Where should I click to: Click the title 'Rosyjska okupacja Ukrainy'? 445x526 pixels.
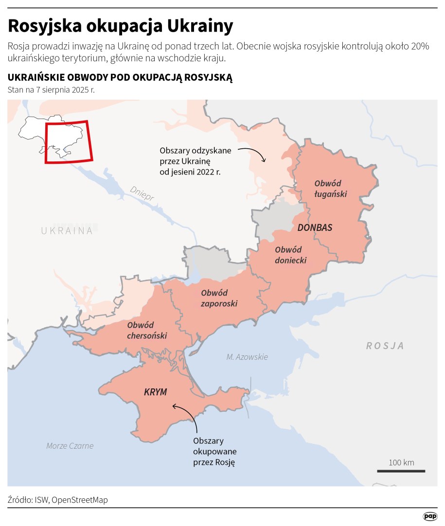click(120, 26)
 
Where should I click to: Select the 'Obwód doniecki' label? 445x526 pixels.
click(290, 255)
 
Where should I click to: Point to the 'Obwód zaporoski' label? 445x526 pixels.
click(219, 298)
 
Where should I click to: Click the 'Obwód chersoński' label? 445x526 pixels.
click(147, 330)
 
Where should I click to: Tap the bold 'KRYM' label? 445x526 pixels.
click(156, 392)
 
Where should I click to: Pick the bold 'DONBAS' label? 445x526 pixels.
click(315, 228)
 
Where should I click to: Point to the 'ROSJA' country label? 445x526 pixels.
click(385, 346)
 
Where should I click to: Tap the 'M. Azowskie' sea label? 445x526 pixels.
click(247, 357)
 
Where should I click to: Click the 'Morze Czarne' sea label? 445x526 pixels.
click(70, 446)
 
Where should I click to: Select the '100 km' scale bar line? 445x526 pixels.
click(401, 471)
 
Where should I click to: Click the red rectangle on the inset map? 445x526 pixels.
click(68, 141)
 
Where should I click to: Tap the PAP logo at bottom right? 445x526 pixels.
click(430, 516)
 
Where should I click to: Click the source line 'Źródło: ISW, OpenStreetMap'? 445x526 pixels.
click(57, 500)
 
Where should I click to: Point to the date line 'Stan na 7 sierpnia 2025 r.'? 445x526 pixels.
click(51, 89)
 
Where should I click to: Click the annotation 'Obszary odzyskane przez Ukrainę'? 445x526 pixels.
click(196, 161)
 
